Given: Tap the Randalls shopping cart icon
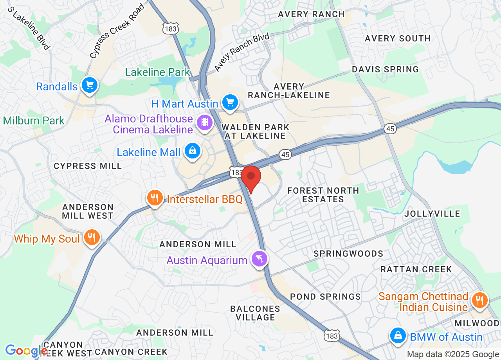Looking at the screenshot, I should (89, 85).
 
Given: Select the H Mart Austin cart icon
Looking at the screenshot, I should (230, 103).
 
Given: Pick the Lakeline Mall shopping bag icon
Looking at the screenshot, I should (193, 151).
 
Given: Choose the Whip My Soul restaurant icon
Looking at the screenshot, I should (92, 238).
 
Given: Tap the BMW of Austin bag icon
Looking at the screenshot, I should (398, 336).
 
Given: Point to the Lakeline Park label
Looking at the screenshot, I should (157, 72).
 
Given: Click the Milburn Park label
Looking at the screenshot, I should (34, 121).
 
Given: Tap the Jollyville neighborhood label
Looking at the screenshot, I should (432, 214).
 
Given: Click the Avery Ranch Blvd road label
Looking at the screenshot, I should (242, 52).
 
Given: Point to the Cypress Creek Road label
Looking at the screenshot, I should (117, 32).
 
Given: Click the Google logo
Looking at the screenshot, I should (26, 350).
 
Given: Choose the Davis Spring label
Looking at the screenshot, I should (385, 69).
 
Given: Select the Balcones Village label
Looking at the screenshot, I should (255, 313).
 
